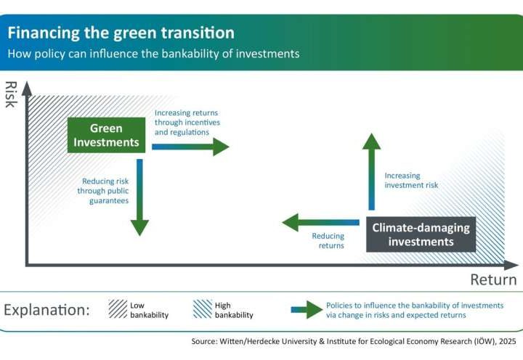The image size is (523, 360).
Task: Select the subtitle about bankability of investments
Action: (153, 54)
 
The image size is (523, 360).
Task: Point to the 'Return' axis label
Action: (492, 279)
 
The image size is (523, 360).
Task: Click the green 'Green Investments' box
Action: (106, 135)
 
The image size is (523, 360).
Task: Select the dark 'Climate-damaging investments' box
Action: (421, 234)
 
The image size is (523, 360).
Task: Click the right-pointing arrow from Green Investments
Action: (190, 147)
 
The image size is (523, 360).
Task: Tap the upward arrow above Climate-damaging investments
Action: (372, 174)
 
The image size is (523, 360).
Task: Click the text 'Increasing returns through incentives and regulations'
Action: (186, 123)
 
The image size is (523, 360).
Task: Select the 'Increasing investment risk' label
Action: (411, 180)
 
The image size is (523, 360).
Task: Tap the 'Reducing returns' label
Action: (328, 241)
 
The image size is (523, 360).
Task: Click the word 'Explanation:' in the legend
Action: (46, 310)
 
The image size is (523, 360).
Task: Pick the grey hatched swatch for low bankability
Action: (117, 309)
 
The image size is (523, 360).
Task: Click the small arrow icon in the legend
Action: (305, 310)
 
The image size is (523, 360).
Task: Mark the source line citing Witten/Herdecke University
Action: (356, 340)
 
